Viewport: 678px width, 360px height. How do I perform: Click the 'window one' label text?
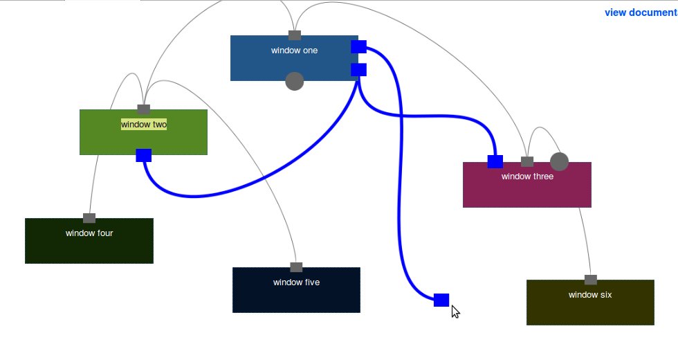[x=294, y=50]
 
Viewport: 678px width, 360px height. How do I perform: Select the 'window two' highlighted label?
[x=144, y=125]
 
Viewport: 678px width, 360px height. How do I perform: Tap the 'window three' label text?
[x=527, y=177]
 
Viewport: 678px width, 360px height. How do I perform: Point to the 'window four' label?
[x=89, y=233]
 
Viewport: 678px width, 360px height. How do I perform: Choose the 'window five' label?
[x=296, y=282]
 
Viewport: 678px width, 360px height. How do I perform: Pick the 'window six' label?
[x=590, y=295]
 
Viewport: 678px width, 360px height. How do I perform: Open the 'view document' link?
[x=641, y=12]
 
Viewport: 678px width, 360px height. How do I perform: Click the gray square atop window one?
[x=295, y=35]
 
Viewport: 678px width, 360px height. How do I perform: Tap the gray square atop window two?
[x=144, y=109]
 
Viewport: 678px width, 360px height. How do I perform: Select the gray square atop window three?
[x=527, y=162]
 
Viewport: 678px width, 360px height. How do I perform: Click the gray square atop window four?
[x=89, y=218]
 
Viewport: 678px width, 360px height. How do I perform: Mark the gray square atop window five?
[x=297, y=267]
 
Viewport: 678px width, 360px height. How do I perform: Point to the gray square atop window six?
[x=591, y=280]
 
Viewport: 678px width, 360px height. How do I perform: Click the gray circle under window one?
[x=295, y=81]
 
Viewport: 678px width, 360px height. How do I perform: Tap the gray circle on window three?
[x=559, y=162]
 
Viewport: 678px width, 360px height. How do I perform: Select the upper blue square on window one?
[x=358, y=46]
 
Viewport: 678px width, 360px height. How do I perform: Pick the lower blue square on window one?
[x=358, y=69]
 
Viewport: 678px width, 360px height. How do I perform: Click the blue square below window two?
[x=144, y=155]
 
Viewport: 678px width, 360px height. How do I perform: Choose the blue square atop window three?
[x=495, y=162]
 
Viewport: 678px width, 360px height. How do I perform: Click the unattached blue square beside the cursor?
[x=441, y=300]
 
